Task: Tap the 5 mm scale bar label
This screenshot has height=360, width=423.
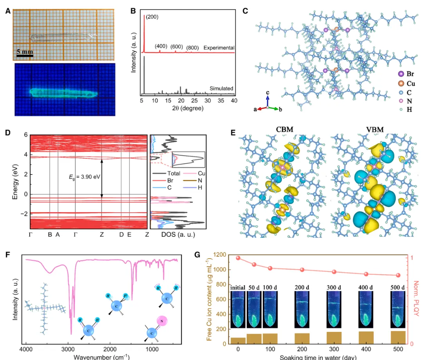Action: pos(24,52)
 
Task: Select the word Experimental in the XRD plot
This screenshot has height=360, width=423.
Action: pos(219,48)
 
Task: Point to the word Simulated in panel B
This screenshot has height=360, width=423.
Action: pos(222,88)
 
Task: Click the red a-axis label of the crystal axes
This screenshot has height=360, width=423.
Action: pos(255,110)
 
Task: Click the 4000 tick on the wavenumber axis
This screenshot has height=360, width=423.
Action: pos(26,348)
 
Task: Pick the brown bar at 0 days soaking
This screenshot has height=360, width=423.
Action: pos(238,340)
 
